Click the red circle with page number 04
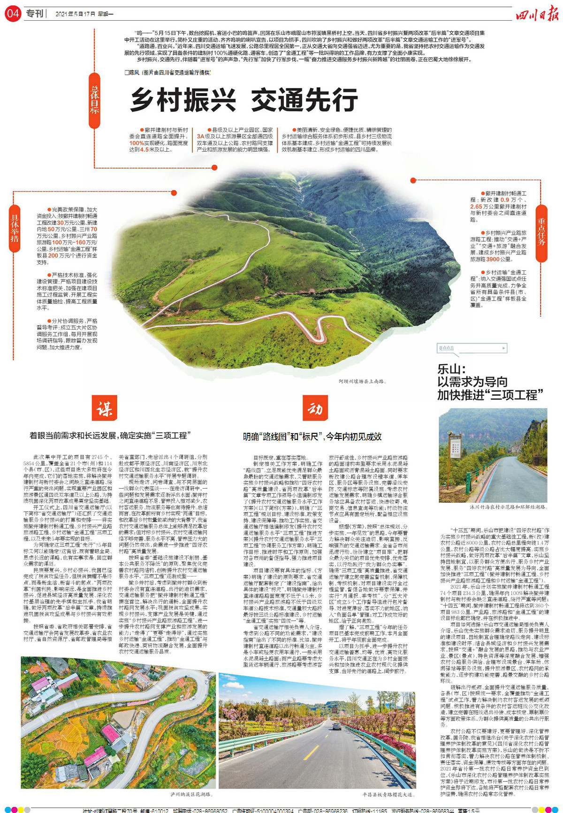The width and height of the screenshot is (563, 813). click(x=13, y=14)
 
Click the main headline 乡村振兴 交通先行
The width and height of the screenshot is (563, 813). click(x=244, y=100)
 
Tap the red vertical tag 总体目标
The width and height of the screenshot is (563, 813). click(x=94, y=100)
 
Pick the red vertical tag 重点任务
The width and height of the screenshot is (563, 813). click(x=541, y=233)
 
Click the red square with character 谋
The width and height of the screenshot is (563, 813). click(x=104, y=408)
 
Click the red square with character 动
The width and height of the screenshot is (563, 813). click(x=315, y=408)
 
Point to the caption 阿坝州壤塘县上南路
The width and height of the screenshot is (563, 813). click(x=362, y=382)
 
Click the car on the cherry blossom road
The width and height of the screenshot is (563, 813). click(x=337, y=726)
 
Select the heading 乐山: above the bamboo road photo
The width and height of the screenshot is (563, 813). click(x=451, y=368)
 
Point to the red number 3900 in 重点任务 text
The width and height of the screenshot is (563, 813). click(x=493, y=259)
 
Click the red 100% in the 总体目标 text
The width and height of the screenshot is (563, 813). click(x=137, y=143)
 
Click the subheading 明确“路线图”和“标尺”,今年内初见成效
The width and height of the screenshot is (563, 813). click(x=312, y=437)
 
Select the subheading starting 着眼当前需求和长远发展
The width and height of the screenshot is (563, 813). click(x=110, y=436)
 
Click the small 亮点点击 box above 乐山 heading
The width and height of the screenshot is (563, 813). click(x=472, y=348)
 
